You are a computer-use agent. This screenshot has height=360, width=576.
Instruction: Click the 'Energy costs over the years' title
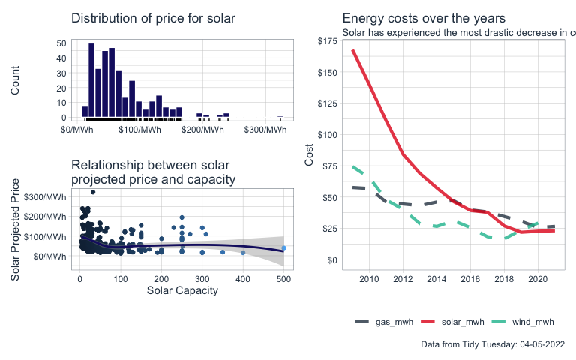pyautogui.click(x=424, y=18)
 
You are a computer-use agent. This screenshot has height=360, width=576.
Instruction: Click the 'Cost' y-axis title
pyautogui.click(x=309, y=154)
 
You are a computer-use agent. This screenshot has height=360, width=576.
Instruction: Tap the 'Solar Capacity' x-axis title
pyautogui.click(x=182, y=290)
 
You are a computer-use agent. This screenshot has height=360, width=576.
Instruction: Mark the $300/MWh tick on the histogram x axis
pyautogui.click(x=265, y=130)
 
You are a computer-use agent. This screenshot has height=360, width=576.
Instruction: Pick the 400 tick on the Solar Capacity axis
pyautogui.click(x=243, y=278)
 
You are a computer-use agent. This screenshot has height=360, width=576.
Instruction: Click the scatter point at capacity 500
pyautogui.click(x=283, y=248)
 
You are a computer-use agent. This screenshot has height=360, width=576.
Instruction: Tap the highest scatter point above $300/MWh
pyautogui.click(x=93, y=192)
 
